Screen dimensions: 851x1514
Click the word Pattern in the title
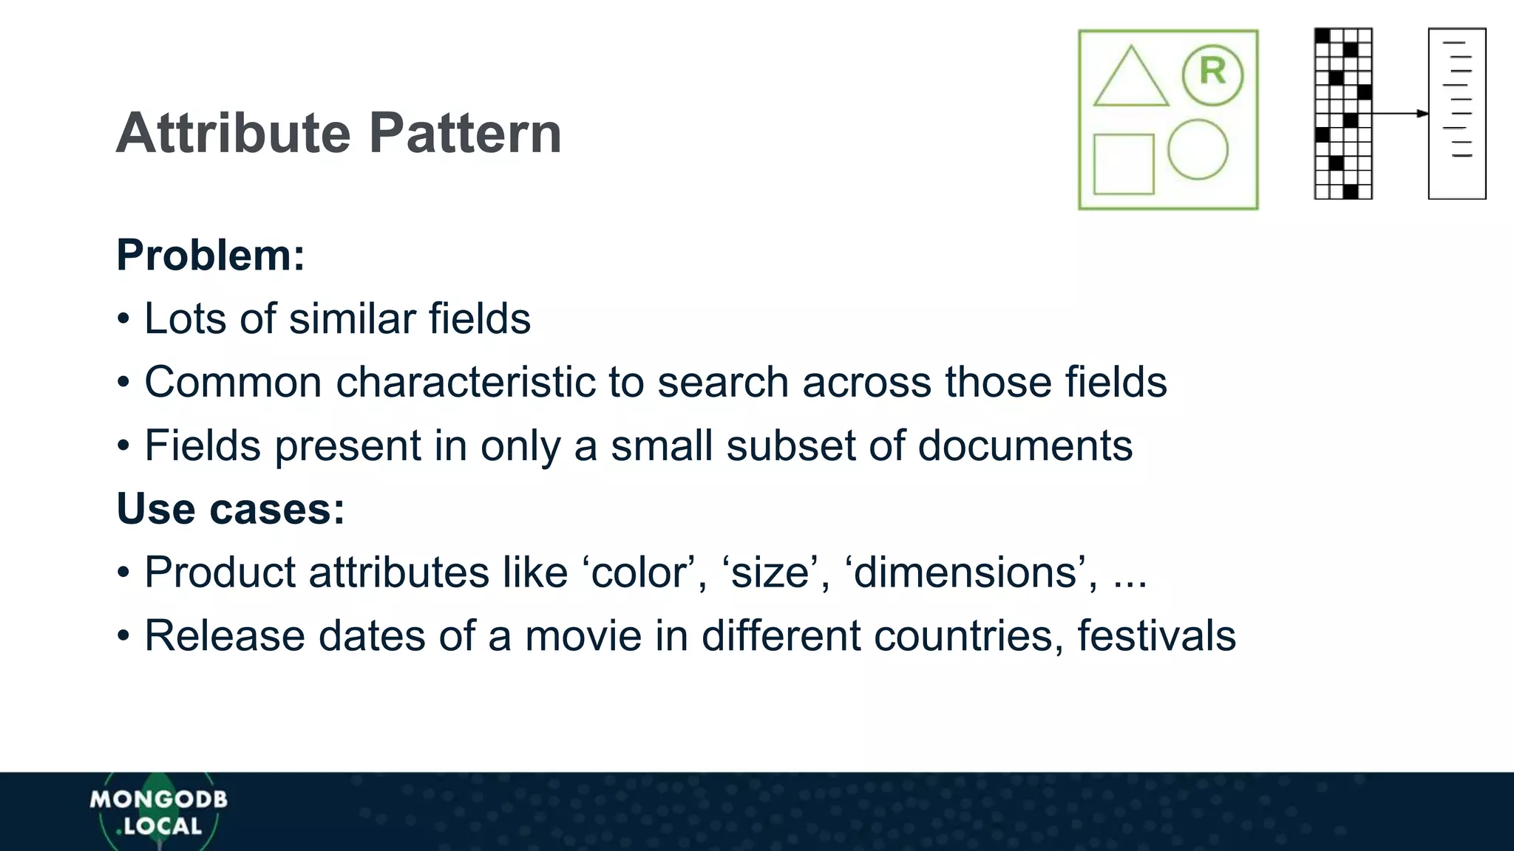pyautogui.click(x=465, y=134)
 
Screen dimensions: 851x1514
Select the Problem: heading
pyautogui.click(x=211, y=256)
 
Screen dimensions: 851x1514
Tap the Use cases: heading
pyautogui.click(x=231, y=509)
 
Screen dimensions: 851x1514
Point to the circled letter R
pyautogui.click(x=1212, y=74)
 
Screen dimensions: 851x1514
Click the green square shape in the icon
pyautogui.click(x=1124, y=164)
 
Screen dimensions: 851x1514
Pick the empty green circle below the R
pyautogui.click(x=1198, y=149)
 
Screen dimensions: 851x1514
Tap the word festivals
pyautogui.click(x=1155, y=636)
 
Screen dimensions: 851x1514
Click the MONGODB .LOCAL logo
pyautogui.click(x=158, y=812)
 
